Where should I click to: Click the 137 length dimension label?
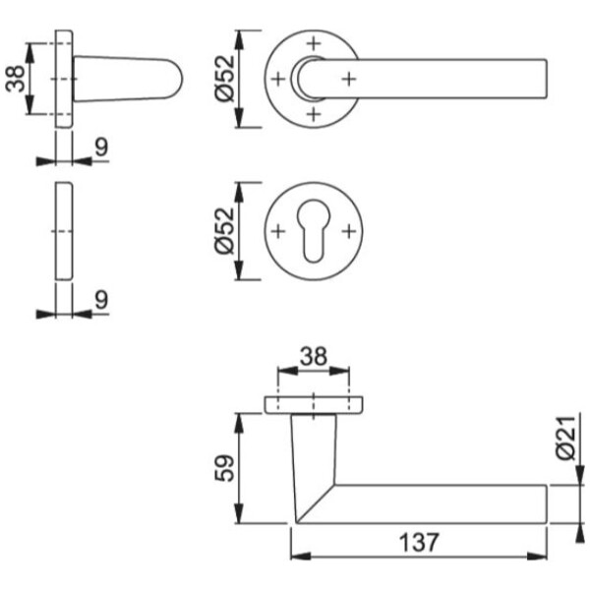pyautogui.click(x=419, y=542)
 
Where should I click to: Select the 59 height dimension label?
pyautogui.click(x=224, y=468)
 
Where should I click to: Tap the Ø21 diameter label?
pyautogui.click(x=566, y=438)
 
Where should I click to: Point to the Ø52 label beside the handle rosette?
pyautogui.click(x=224, y=79)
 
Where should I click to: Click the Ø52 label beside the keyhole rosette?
pyautogui.click(x=224, y=231)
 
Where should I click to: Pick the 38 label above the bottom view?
pyautogui.click(x=314, y=356)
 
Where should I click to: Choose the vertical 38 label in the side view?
pyautogui.click(x=16, y=79)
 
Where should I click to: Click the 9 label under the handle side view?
pyautogui.click(x=101, y=147)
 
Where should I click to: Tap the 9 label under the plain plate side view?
pyautogui.click(x=101, y=300)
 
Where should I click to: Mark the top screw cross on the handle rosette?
pyautogui.click(x=314, y=43)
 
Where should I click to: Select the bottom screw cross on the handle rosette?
pyautogui.click(x=314, y=114)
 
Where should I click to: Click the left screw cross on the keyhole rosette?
pyautogui.click(x=278, y=231)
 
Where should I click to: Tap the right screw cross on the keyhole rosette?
pyautogui.click(x=349, y=231)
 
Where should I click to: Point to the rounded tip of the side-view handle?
pyautogui.click(x=182, y=79)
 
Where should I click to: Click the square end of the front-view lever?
pyautogui.click(x=546, y=79)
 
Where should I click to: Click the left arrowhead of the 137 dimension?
pyautogui.click(x=301, y=557)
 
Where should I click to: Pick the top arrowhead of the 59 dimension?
pyautogui.click(x=239, y=423)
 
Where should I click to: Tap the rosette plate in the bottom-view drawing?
pyautogui.click(x=314, y=405)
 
